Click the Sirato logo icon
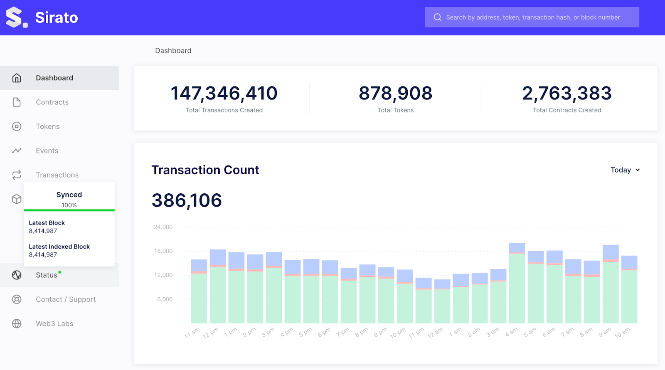(16, 17)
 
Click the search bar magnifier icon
(437, 17)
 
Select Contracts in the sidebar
(52, 102)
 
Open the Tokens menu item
(47, 126)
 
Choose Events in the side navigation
(47, 151)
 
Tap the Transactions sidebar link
(57, 175)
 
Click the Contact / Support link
(65, 299)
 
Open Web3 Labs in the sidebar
(54, 323)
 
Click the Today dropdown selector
(625, 170)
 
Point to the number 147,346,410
(224, 93)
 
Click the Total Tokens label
(395, 110)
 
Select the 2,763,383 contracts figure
(566, 93)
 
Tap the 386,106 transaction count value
(187, 200)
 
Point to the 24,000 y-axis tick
(163, 227)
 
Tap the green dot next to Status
(60, 272)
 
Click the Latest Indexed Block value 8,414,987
(43, 255)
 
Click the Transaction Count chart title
(205, 170)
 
